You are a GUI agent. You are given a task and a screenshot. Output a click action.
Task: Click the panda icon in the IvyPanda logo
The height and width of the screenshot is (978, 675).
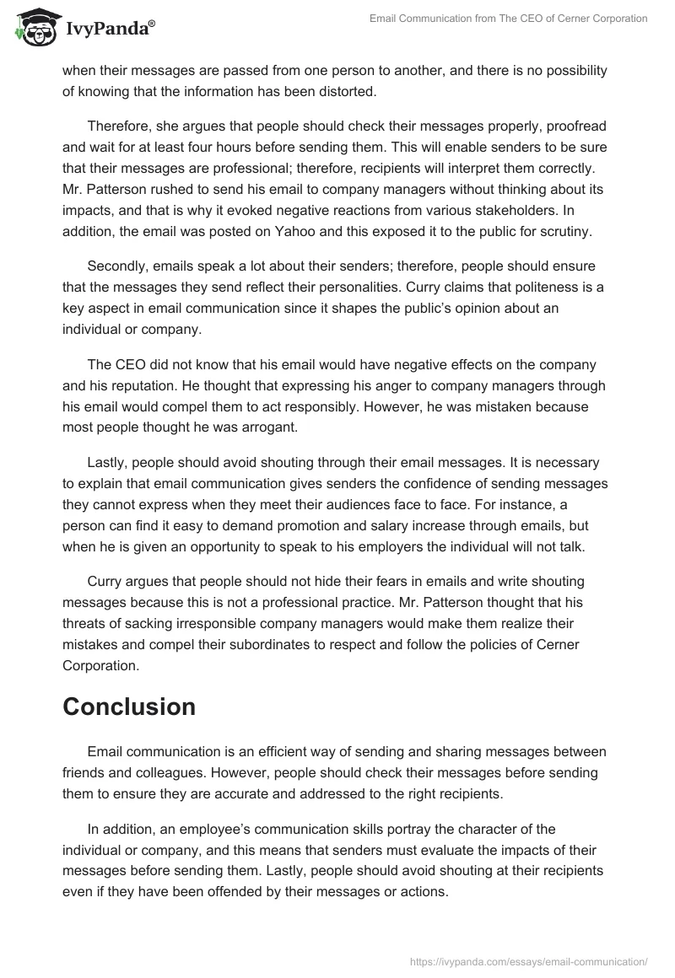pyautogui.click(x=35, y=28)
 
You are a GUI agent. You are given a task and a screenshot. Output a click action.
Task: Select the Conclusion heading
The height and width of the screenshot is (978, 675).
pyautogui.click(x=129, y=707)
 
